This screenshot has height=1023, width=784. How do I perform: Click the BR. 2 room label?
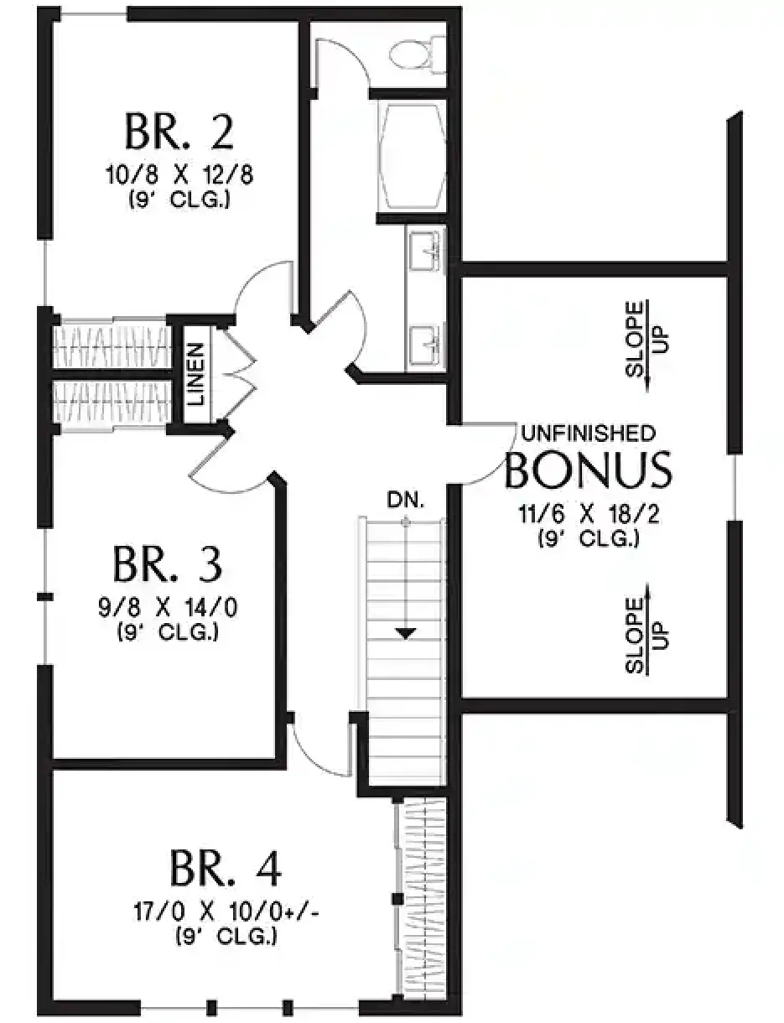click(x=179, y=132)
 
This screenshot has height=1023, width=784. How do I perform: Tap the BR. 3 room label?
click(x=167, y=564)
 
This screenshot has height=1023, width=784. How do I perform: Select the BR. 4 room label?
click(x=226, y=869)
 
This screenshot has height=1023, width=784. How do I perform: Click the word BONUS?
click(x=589, y=470)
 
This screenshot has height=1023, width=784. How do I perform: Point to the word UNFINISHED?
click(x=589, y=434)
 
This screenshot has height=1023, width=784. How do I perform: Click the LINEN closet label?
click(x=195, y=375)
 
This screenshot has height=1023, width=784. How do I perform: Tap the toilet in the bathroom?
click(x=418, y=55)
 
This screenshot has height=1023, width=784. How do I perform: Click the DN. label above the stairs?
click(x=406, y=500)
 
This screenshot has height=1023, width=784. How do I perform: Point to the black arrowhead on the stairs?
click(x=406, y=633)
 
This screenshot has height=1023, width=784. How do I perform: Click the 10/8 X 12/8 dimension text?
click(x=179, y=175)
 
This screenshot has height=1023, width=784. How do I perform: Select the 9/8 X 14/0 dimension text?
click(x=168, y=608)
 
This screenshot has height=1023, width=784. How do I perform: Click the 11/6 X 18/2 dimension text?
click(x=589, y=514)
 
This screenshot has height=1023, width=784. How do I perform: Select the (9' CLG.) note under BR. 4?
click(x=227, y=937)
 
